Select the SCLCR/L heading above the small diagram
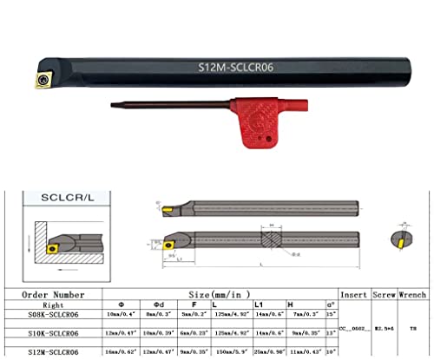click(x=67, y=199)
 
